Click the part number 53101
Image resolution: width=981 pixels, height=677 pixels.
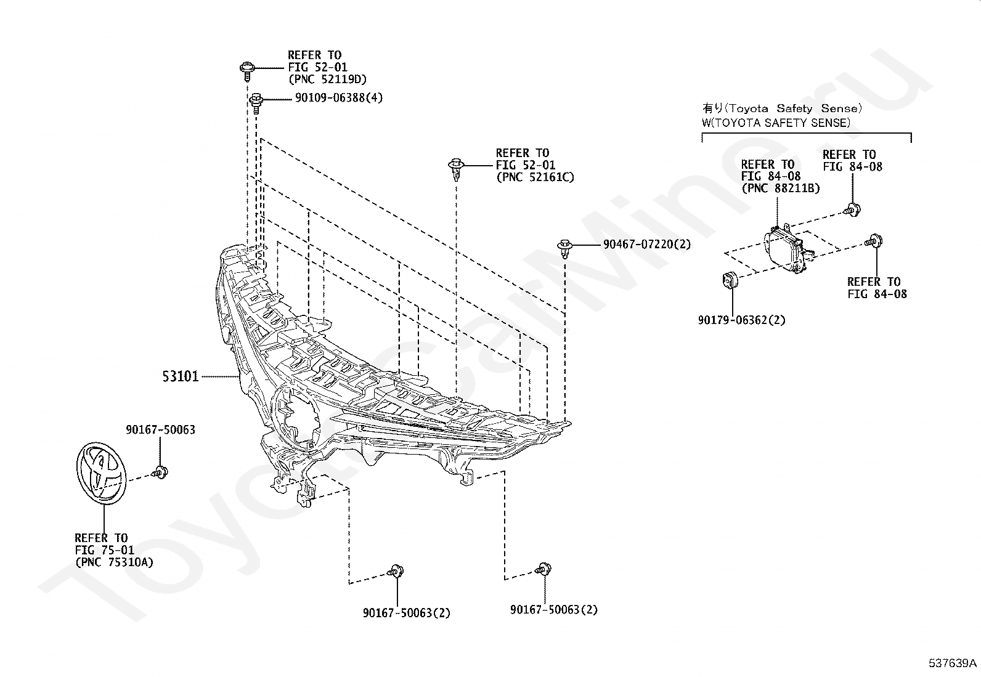point(181,376)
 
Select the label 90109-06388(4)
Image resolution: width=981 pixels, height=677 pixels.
point(339,98)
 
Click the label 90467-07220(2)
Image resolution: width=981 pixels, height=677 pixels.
point(647,245)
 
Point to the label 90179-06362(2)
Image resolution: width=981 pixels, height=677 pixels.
point(741,320)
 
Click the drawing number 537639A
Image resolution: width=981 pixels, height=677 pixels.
point(953,663)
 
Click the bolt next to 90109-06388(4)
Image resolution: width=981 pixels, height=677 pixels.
point(256,103)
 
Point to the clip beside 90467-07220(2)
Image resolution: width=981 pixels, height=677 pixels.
point(564,249)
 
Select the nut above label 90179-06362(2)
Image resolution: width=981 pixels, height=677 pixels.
point(730,280)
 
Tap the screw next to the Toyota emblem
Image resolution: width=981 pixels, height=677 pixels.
point(160,472)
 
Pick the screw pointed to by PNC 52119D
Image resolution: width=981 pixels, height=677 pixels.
point(248,71)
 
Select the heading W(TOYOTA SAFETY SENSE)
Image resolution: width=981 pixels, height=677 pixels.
point(776,123)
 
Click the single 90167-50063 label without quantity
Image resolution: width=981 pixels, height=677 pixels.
point(160,429)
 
